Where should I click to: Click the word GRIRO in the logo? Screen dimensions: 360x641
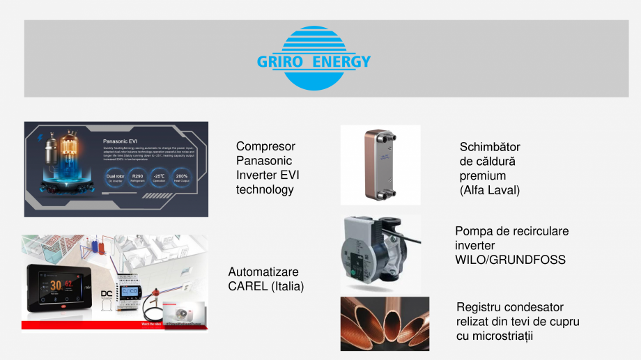(280, 62)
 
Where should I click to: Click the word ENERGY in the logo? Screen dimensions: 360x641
(341, 62)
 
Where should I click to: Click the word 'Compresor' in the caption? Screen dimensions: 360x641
(265, 146)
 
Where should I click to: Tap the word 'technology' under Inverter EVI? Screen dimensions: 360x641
(265, 189)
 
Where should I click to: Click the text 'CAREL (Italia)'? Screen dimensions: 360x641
(266, 286)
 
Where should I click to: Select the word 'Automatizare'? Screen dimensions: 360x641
(263, 272)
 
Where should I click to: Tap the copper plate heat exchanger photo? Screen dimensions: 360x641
(380, 164)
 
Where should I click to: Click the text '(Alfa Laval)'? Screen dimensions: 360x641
(490, 190)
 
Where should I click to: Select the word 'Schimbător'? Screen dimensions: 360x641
(490, 147)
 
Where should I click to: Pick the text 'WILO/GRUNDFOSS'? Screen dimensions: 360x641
(510, 260)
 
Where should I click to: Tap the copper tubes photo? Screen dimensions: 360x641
(385, 323)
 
